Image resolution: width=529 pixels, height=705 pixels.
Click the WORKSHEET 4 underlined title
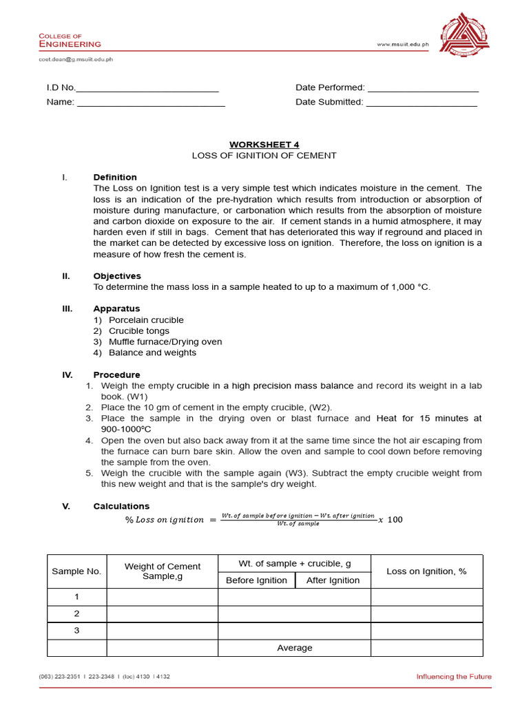[264, 145]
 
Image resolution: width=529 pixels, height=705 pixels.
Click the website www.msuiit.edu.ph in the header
[403, 45]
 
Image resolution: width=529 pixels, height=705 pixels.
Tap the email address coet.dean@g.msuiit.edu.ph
[76, 59]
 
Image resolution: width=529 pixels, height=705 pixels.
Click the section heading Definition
[115, 178]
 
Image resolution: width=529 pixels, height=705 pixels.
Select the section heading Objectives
[117, 276]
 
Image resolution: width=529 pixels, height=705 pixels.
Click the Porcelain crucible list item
[146, 320]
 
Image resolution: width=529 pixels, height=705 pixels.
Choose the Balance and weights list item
[152, 352]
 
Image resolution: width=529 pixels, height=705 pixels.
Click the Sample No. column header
[76, 571]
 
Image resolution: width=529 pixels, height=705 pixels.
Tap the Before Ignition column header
[256, 580]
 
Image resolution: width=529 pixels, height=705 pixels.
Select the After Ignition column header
[333, 580]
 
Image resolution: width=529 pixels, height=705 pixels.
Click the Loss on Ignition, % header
[426, 571]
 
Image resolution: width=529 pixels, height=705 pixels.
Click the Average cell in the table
[294, 648]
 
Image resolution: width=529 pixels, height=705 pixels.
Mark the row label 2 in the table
[76, 613]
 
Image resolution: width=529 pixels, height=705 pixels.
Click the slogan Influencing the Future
[453, 677]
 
